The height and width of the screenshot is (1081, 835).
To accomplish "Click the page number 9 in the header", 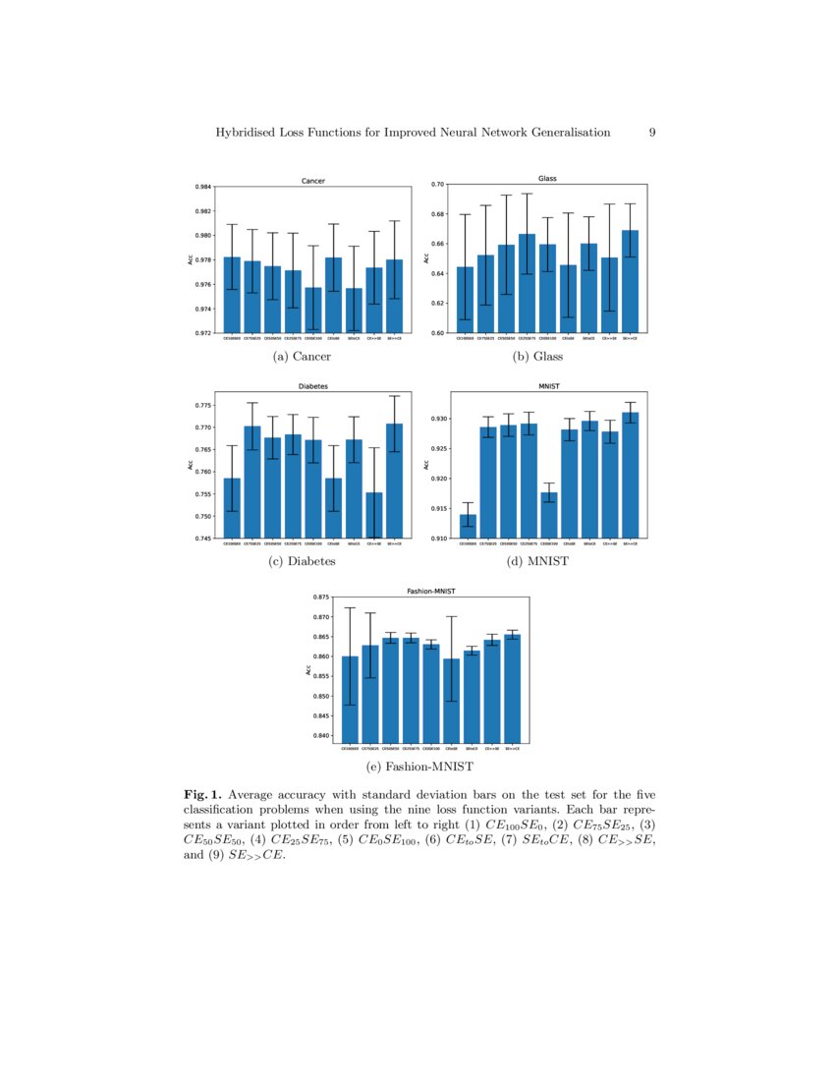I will (652, 133).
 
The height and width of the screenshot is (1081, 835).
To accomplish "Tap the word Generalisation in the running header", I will (564, 133).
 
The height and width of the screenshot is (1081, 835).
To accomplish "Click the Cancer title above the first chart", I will (312, 181).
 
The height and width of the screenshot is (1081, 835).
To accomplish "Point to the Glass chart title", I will (547, 179).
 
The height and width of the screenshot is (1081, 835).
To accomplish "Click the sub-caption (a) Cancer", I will (302, 357).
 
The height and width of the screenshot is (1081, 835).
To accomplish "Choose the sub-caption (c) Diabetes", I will (302, 561).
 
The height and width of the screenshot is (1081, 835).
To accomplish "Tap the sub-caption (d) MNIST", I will (538, 561).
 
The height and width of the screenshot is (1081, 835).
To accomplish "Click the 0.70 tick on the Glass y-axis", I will (438, 185).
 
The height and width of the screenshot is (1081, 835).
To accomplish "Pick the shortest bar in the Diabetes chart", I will (374, 516).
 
